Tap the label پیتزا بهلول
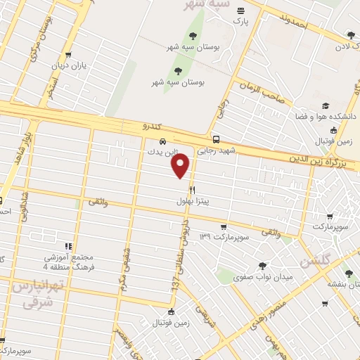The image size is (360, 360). click(193, 201)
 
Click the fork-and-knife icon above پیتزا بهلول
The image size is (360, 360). click(191, 190)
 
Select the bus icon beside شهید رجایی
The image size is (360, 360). click(215, 139)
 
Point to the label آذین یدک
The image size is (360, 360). click(163, 151)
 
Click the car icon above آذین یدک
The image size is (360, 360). click(163, 141)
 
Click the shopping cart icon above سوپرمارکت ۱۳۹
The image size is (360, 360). click(223, 226)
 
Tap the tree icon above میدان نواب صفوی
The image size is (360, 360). click(263, 266)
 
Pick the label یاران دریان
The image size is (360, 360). click(67, 67)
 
